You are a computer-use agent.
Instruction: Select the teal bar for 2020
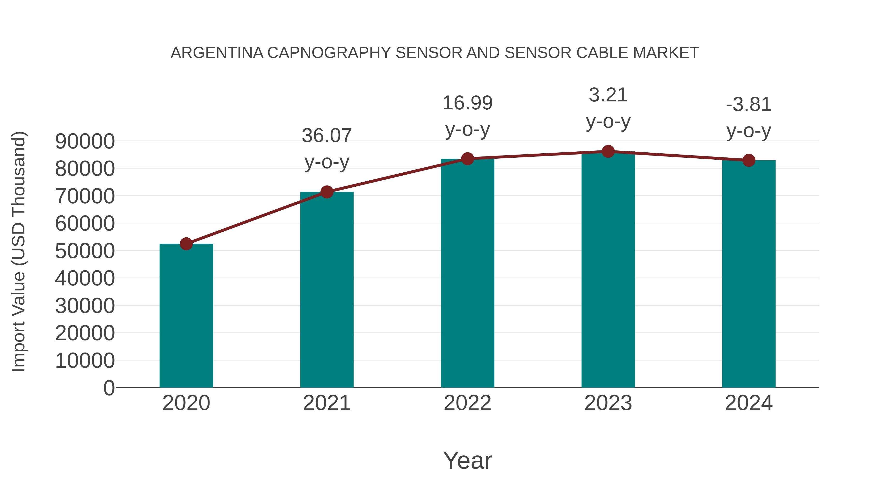(186, 316)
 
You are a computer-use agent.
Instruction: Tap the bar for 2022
(467, 273)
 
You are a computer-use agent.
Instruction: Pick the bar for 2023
(608, 270)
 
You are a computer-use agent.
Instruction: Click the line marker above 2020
(186, 244)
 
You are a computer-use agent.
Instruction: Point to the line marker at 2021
(326, 192)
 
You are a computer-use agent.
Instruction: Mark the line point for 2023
(608, 151)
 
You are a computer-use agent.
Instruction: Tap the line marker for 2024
(749, 160)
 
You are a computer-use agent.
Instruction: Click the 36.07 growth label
(326, 136)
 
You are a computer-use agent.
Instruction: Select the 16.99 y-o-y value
(467, 103)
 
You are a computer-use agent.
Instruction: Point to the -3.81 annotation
(749, 105)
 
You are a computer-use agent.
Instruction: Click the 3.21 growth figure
(608, 95)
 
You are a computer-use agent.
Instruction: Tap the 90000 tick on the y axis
(85, 142)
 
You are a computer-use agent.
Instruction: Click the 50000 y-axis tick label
(85, 251)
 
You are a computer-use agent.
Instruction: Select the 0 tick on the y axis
(109, 388)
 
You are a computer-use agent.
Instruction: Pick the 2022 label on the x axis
(467, 403)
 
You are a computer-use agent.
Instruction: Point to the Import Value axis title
(19, 251)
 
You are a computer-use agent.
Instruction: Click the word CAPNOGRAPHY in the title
(329, 53)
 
